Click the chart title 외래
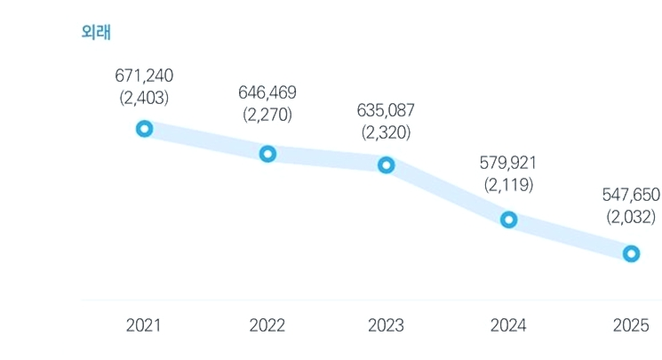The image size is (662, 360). pyautogui.click(x=96, y=32)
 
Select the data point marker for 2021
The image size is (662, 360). pyautogui.click(x=144, y=124)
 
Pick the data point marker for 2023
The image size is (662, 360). pyautogui.click(x=387, y=161)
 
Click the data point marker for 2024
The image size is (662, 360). pyautogui.click(x=509, y=214)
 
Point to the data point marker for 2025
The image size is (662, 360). pyautogui.click(x=631, y=249)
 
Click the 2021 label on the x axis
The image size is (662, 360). pyautogui.click(x=144, y=325)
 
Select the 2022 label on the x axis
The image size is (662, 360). pyautogui.click(x=267, y=325)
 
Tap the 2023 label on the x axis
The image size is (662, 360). pyautogui.click(x=386, y=325)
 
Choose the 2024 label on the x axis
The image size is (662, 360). pyautogui.click(x=508, y=325)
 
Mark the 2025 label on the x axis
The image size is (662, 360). pyautogui.click(x=631, y=325)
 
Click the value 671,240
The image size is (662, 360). pyautogui.click(x=144, y=76)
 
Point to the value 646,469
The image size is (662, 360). pyautogui.click(x=267, y=92)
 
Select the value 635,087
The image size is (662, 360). pyautogui.click(x=386, y=110)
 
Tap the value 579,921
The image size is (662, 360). pyautogui.click(x=508, y=163)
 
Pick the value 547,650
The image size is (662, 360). pyautogui.click(x=631, y=195)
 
